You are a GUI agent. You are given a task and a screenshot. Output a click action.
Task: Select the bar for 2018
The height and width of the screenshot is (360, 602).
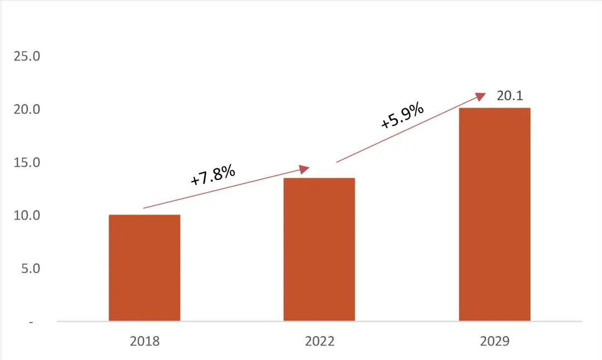(144, 267)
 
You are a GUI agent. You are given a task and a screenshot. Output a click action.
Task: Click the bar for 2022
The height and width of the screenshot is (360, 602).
(319, 250)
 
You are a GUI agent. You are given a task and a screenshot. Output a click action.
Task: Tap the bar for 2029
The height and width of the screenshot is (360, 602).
(494, 215)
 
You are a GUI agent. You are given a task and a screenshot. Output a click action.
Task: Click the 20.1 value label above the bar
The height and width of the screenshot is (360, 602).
(509, 96)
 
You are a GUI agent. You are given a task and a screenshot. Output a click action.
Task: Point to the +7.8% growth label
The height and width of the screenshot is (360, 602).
(213, 176)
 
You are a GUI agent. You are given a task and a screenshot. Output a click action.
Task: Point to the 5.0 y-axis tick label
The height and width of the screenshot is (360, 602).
(30, 269)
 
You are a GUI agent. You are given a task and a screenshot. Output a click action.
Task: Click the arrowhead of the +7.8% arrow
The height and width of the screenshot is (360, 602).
(304, 169)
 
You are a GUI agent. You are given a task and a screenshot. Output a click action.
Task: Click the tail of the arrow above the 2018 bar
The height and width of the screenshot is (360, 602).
(144, 208)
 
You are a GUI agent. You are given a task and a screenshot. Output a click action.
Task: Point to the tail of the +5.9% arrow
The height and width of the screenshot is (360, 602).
(337, 162)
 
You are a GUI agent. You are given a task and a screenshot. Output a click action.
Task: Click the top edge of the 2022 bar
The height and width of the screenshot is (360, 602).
(319, 179)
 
